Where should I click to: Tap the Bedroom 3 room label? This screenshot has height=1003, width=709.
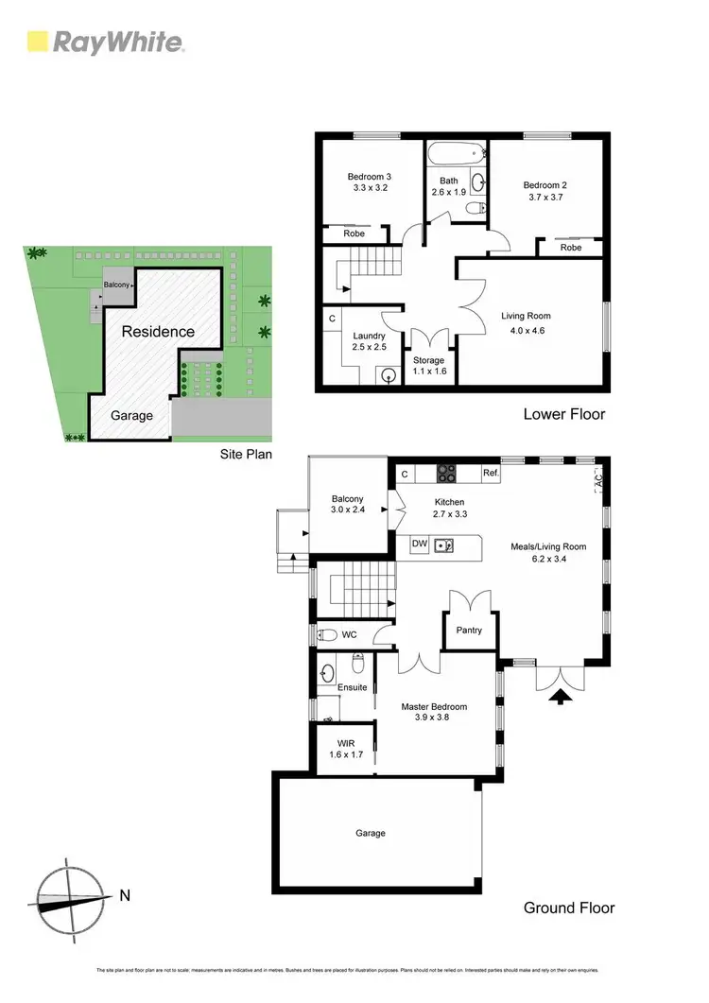[x=369, y=177]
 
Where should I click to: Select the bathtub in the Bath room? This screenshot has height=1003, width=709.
[x=454, y=150]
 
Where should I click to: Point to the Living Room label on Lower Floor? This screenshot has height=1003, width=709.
[x=526, y=316]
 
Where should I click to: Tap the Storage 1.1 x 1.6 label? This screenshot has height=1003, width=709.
[x=428, y=366]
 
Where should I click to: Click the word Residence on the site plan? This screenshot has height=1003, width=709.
[x=158, y=332]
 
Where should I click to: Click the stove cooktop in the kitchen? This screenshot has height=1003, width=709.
[x=446, y=475]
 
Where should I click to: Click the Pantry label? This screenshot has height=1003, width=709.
[x=469, y=631]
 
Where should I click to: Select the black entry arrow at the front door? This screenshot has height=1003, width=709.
[x=560, y=698]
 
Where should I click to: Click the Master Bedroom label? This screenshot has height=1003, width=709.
[x=434, y=706]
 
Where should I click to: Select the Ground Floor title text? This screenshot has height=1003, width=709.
[x=569, y=908]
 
